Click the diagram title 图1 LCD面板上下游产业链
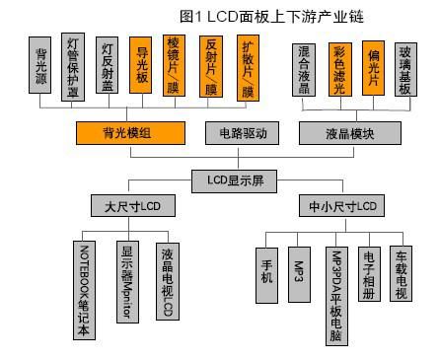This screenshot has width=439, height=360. (x=259, y=16)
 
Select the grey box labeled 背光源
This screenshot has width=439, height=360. (x=41, y=65)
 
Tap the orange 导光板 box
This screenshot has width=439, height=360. (x=142, y=65)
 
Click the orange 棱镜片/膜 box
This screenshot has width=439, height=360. (x=176, y=65)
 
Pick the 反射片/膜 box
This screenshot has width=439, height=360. (x=210, y=65)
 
